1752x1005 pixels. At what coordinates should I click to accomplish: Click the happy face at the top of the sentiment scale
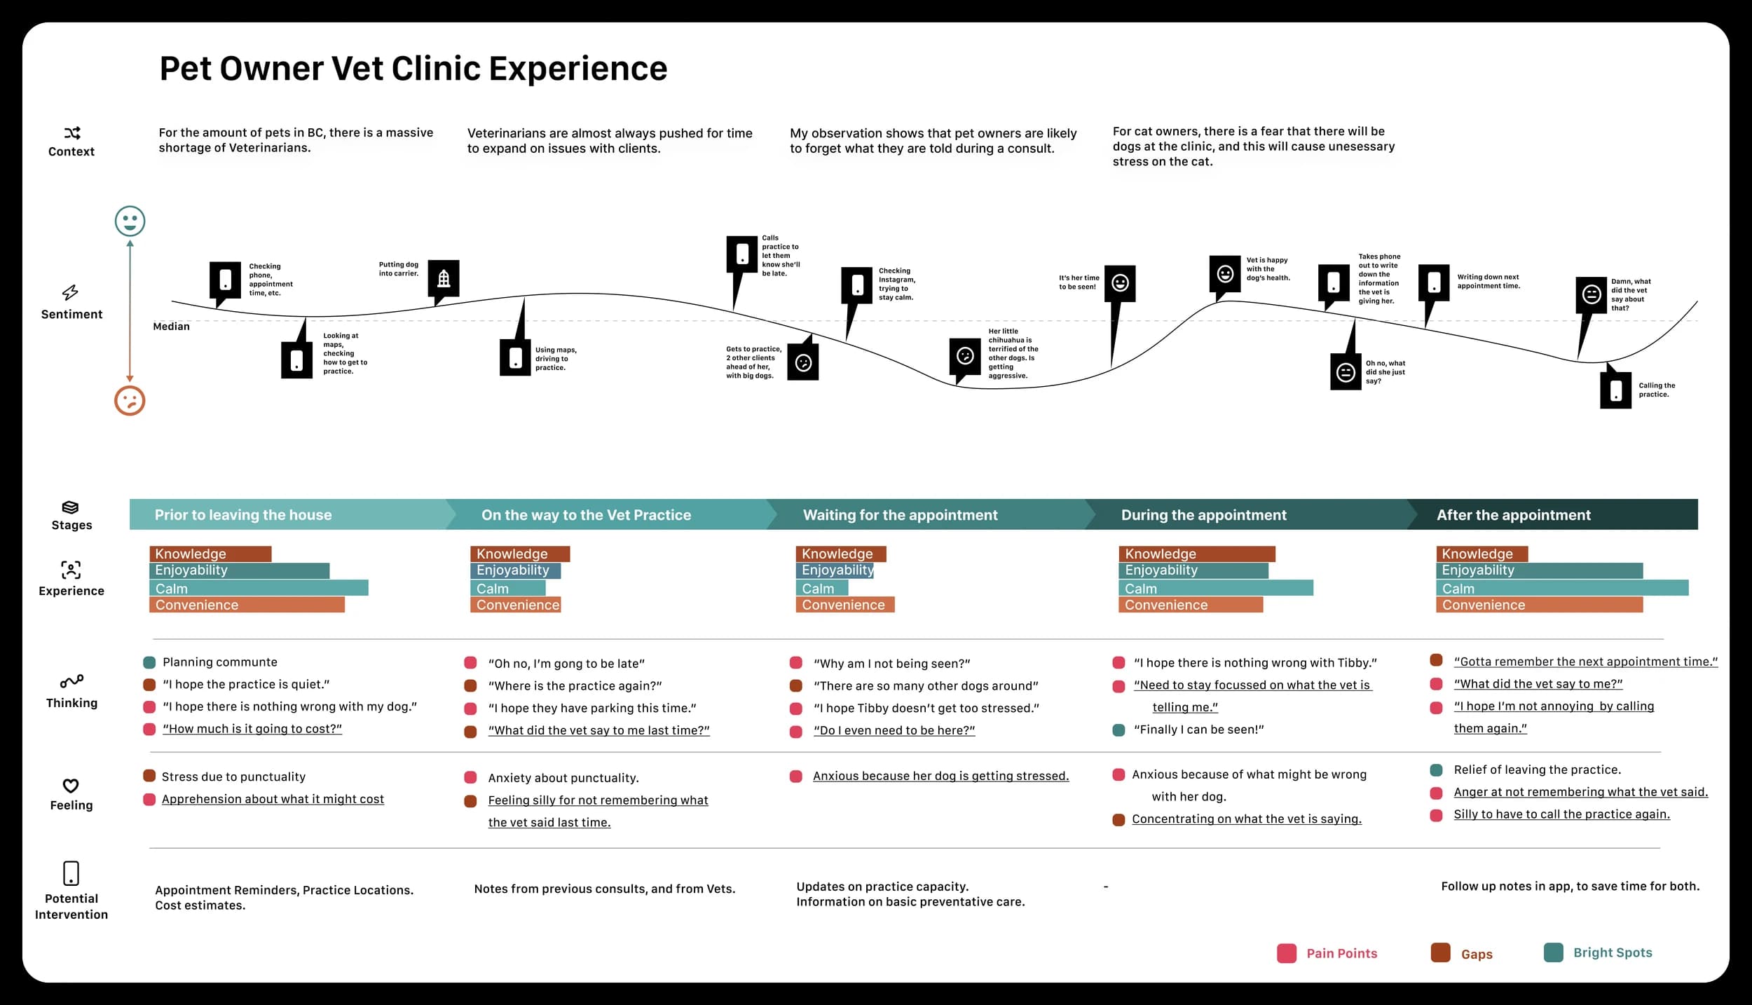click(130, 221)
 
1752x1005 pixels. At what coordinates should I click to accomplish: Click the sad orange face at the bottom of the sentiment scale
click(130, 401)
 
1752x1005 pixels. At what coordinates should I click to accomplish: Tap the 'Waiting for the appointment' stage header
click(900, 515)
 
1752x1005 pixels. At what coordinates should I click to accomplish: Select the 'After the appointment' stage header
click(1514, 515)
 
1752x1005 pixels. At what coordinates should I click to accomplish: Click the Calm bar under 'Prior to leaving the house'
click(259, 588)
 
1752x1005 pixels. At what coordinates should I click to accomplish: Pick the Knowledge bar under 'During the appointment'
click(1196, 554)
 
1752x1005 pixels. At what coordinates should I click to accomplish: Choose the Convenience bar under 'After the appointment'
click(1539, 605)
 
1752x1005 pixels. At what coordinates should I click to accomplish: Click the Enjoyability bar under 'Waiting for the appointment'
click(835, 570)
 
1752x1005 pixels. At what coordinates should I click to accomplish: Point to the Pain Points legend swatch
click(1287, 953)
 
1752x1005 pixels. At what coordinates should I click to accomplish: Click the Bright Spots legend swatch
click(1553, 952)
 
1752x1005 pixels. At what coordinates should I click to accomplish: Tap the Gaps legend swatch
click(1440, 953)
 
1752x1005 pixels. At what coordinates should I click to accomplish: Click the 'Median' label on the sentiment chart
click(172, 327)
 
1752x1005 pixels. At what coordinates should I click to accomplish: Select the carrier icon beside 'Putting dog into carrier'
click(444, 278)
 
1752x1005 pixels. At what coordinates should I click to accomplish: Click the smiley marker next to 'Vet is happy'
click(1225, 274)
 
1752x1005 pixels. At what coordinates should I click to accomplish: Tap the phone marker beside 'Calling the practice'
click(1615, 390)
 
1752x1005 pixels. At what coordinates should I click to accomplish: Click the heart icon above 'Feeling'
click(71, 786)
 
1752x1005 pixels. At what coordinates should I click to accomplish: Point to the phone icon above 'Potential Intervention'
click(71, 873)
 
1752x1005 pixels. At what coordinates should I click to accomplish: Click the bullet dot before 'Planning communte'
click(149, 662)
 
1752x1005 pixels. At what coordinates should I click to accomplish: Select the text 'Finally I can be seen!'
click(1198, 730)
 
